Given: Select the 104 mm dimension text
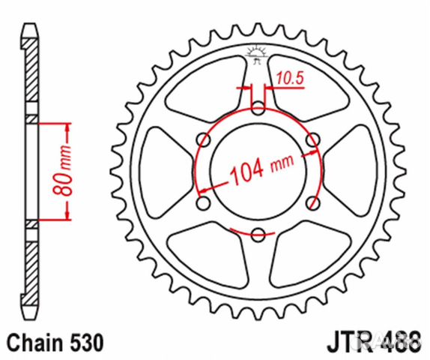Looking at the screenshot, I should pos(251,170).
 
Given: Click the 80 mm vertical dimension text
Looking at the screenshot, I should pos(65,170).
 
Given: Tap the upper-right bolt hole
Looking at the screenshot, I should pos(312,139).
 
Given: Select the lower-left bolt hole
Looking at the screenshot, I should pos(202,202).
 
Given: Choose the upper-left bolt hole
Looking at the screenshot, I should pos(202,139).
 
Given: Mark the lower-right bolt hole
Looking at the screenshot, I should pos(312,202).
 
